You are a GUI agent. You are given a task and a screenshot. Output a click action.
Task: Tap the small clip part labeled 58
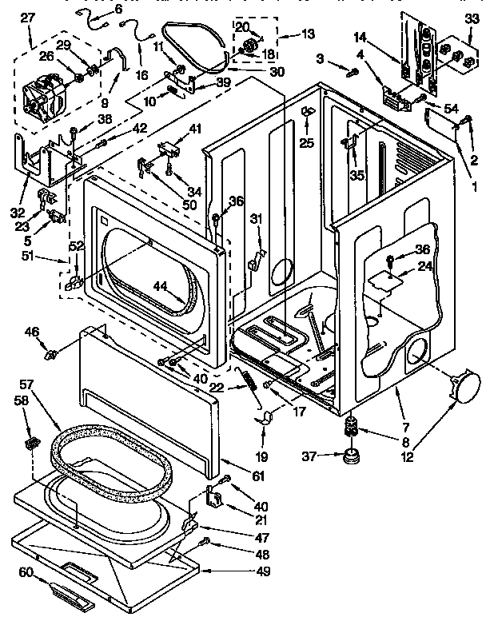click(x=33, y=442)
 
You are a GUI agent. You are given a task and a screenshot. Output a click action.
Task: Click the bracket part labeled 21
click(x=214, y=496)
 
